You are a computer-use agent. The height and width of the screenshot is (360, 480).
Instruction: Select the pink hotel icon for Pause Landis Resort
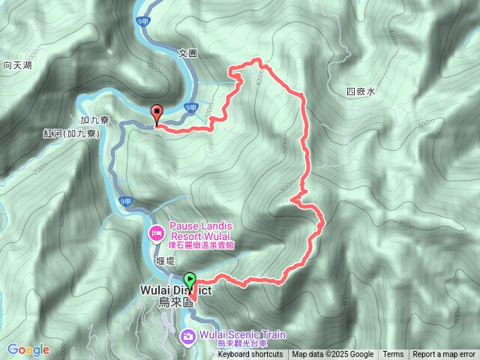pyautogui.click(x=157, y=233)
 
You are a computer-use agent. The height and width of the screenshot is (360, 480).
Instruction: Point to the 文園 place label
pyautogui.click(x=187, y=53)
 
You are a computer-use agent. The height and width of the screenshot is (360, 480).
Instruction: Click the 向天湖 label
pyautogui.click(x=16, y=66)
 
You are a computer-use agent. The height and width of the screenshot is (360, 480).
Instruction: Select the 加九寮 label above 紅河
pyautogui.click(x=94, y=119)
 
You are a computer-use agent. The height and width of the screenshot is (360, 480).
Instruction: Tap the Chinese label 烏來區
pyautogui.click(x=175, y=302)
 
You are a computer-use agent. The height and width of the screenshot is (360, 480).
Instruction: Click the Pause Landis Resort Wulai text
pyautogui.click(x=200, y=231)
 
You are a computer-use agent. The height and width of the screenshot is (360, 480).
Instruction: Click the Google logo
pyautogui.click(x=28, y=349)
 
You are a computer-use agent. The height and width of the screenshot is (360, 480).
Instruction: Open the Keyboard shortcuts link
pyautogui.click(x=250, y=355)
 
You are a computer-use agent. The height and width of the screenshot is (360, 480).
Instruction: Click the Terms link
pyautogui.click(x=393, y=355)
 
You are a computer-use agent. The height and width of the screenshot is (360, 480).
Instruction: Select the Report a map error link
pyautogui.click(x=445, y=355)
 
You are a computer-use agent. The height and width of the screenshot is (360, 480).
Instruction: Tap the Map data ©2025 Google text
pyautogui.click(x=333, y=355)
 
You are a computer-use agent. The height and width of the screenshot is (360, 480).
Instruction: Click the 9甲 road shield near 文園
pyautogui.click(x=191, y=108)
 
